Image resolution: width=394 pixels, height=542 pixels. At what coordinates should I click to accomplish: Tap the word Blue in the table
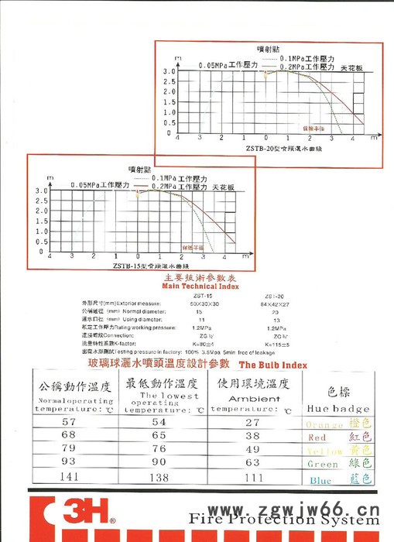pyautogui.click(x=320, y=480)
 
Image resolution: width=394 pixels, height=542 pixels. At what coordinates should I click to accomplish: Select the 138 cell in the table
pyautogui.click(x=159, y=478)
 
